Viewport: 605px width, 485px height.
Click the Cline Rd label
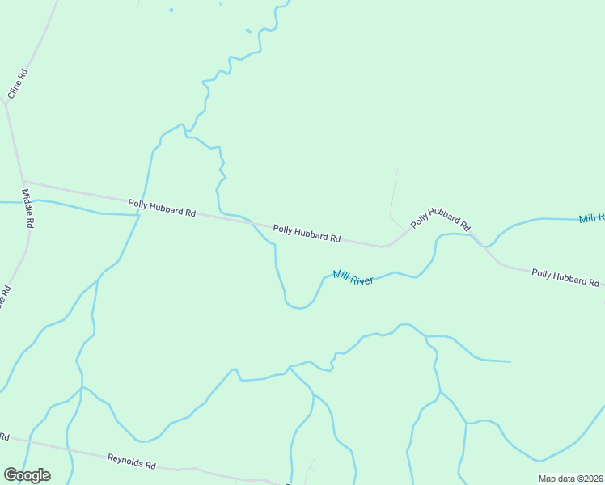pos(18,84)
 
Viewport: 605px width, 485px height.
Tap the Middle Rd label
pos(27,209)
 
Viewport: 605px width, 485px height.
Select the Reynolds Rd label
pos(131,462)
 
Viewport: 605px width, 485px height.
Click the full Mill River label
pos(353,278)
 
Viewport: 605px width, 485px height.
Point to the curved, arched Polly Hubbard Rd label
pos(440,217)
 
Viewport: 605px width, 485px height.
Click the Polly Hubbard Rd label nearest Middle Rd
pos(162,208)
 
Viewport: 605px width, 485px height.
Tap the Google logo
pos(27,475)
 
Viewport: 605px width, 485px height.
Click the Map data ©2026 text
pos(570,479)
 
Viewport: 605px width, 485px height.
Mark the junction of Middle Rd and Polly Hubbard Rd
pos(23,181)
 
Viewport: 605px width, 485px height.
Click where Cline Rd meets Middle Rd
pos(6,103)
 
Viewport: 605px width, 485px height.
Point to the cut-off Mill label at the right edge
pos(591,219)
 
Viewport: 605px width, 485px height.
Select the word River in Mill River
pos(362,280)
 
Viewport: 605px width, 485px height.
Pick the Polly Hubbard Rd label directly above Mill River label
pos(307,234)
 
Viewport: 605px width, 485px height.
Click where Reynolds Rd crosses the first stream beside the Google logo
pos(30,442)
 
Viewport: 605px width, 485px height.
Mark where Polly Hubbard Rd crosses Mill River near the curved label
pos(480,238)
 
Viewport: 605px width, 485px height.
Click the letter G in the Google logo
pos(11,475)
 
